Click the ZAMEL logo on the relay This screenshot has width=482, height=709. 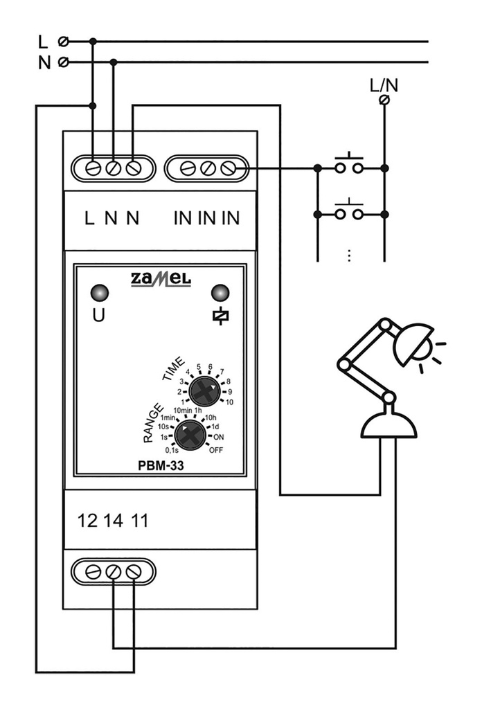[x=161, y=280]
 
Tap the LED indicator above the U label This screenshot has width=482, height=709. [x=100, y=293]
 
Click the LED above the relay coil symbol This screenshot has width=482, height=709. [x=220, y=293]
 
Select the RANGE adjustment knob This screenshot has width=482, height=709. [x=190, y=435]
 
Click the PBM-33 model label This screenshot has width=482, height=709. [x=161, y=466]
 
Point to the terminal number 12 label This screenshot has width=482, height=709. [x=87, y=521]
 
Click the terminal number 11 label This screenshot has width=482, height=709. [x=139, y=521]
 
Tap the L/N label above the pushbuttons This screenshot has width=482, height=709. [x=384, y=85]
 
